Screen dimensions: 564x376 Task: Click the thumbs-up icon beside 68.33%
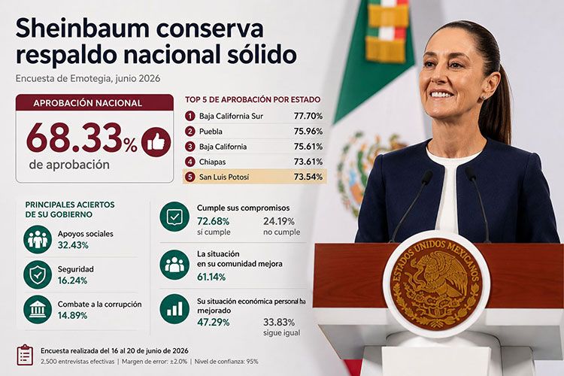tap(156, 142)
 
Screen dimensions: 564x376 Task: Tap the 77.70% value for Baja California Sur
tap(308, 116)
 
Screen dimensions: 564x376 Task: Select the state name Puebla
tap(211, 132)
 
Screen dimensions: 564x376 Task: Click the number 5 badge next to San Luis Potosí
tap(190, 177)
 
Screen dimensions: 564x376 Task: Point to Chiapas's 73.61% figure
tap(308, 162)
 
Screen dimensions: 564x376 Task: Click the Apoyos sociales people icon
tap(38, 239)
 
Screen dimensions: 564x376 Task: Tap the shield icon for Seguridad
tap(38, 274)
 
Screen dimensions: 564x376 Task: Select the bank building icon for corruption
tap(38, 309)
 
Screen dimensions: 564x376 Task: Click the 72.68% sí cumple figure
tap(213, 221)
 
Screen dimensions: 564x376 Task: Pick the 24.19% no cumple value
tap(279, 221)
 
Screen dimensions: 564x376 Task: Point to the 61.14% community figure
tap(211, 277)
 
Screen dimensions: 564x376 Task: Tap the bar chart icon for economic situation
tap(174, 309)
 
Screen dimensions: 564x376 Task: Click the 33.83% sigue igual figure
tap(279, 322)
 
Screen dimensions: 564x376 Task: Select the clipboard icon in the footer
tap(25, 355)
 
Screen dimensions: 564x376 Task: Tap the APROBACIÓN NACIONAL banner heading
tap(87, 103)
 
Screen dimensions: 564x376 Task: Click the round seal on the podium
tap(436, 284)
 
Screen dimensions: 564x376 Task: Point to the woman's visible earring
tap(484, 97)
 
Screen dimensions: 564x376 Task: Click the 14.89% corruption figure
tap(72, 316)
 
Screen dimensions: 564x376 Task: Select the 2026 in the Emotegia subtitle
tap(149, 78)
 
